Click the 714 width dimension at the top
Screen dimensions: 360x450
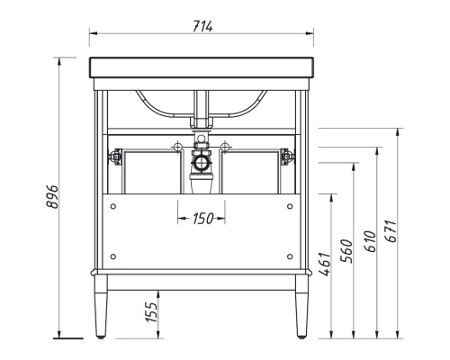(201, 25)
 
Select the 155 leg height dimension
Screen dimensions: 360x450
(152, 312)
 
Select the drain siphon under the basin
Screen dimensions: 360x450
(200, 167)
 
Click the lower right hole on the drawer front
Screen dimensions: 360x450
(288, 258)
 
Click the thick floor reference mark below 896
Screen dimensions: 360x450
(65, 339)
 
